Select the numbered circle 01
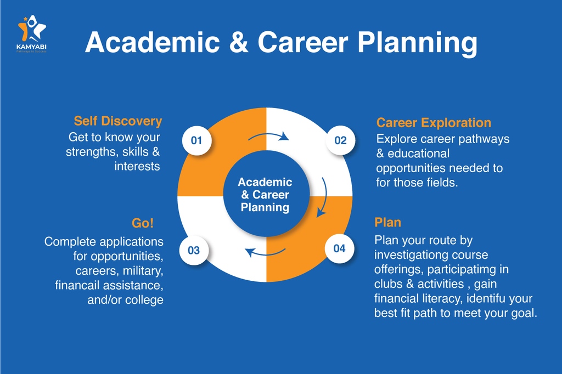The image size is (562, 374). click(196, 140)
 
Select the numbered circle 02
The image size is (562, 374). click(340, 140)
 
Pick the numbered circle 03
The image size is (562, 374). click(194, 251)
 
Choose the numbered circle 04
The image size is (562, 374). click(339, 248)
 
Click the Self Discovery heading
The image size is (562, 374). click(118, 121)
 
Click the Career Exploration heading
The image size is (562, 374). click(434, 123)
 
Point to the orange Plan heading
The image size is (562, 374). click(387, 222)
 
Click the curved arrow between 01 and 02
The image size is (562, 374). click(268, 134)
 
